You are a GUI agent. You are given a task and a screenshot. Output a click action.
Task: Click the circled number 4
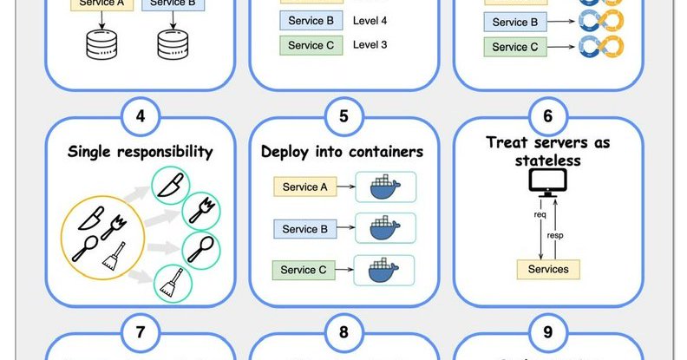140,115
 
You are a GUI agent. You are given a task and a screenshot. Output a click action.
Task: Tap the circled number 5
343,115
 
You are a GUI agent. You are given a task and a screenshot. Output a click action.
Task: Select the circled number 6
547,115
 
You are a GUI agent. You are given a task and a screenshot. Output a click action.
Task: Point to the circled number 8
343,333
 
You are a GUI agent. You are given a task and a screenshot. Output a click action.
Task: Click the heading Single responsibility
141,153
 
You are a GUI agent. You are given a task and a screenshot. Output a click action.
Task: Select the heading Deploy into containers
343,153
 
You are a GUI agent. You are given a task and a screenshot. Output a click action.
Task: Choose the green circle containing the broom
169,283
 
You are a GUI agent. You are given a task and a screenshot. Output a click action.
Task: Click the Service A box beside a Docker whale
305,187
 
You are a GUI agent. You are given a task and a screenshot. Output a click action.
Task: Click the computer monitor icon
547,181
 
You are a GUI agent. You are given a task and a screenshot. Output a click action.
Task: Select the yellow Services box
548,269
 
